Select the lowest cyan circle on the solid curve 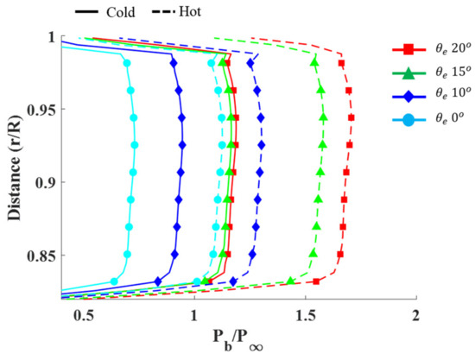point(114,281)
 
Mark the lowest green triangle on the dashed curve point(291,281)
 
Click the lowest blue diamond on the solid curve point(157,281)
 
